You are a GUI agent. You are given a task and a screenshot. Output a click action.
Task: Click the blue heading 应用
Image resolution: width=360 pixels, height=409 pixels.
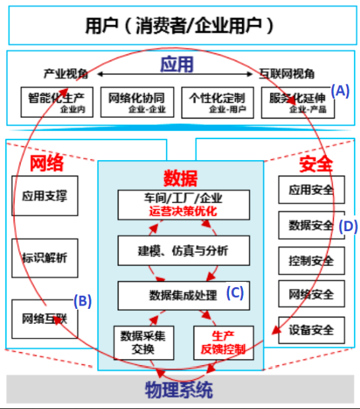point(177,64)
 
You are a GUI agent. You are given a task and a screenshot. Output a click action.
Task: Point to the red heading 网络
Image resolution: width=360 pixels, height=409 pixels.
point(48,163)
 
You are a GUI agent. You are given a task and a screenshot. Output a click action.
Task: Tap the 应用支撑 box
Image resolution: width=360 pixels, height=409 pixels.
point(44,195)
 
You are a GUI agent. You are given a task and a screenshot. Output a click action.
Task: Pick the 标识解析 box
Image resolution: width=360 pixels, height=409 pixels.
point(44,257)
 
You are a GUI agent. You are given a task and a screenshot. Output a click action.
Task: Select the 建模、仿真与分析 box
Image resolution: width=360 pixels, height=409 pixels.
point(184,251)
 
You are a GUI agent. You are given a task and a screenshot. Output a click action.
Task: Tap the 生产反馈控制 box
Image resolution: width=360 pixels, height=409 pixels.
point(223,342)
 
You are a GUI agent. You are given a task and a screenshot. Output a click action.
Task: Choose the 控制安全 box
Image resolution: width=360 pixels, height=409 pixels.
point(311,260)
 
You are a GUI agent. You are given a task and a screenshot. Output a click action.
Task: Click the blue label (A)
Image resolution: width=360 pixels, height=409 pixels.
point(340,91)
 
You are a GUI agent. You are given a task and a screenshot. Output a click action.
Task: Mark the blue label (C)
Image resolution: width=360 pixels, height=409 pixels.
point(235,294)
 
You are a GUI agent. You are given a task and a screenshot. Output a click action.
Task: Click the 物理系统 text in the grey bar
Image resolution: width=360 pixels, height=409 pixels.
point(178,390)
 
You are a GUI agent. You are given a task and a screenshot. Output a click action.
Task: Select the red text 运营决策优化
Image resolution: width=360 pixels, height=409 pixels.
point(184,211)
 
